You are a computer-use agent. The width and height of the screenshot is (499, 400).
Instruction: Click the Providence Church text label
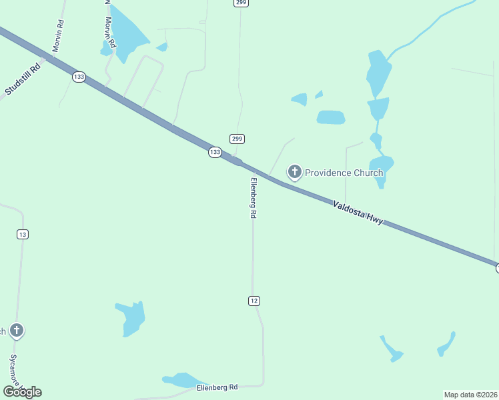344,173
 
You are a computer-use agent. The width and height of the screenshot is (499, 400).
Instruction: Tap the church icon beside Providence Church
294,172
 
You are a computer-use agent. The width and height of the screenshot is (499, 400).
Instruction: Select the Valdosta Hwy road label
358,211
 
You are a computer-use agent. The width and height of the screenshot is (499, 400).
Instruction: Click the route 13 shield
23,234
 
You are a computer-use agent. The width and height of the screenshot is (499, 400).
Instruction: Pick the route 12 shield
254,301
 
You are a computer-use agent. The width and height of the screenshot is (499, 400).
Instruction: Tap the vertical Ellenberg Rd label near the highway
254,199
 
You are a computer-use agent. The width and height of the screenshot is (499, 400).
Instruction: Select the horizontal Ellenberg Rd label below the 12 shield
217,387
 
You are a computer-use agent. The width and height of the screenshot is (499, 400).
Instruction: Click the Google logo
22,391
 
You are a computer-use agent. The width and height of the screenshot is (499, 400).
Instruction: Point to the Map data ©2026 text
470,395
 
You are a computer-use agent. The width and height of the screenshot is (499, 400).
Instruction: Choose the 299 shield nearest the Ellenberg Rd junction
237,139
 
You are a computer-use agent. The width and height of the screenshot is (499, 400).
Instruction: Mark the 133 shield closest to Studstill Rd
79,77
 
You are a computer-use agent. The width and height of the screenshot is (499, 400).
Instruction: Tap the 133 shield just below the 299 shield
214,152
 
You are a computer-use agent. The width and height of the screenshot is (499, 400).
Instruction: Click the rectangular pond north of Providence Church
331,117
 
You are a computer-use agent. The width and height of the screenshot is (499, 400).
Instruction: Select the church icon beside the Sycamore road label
17,330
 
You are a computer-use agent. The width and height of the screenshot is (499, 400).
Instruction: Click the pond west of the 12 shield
132,318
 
